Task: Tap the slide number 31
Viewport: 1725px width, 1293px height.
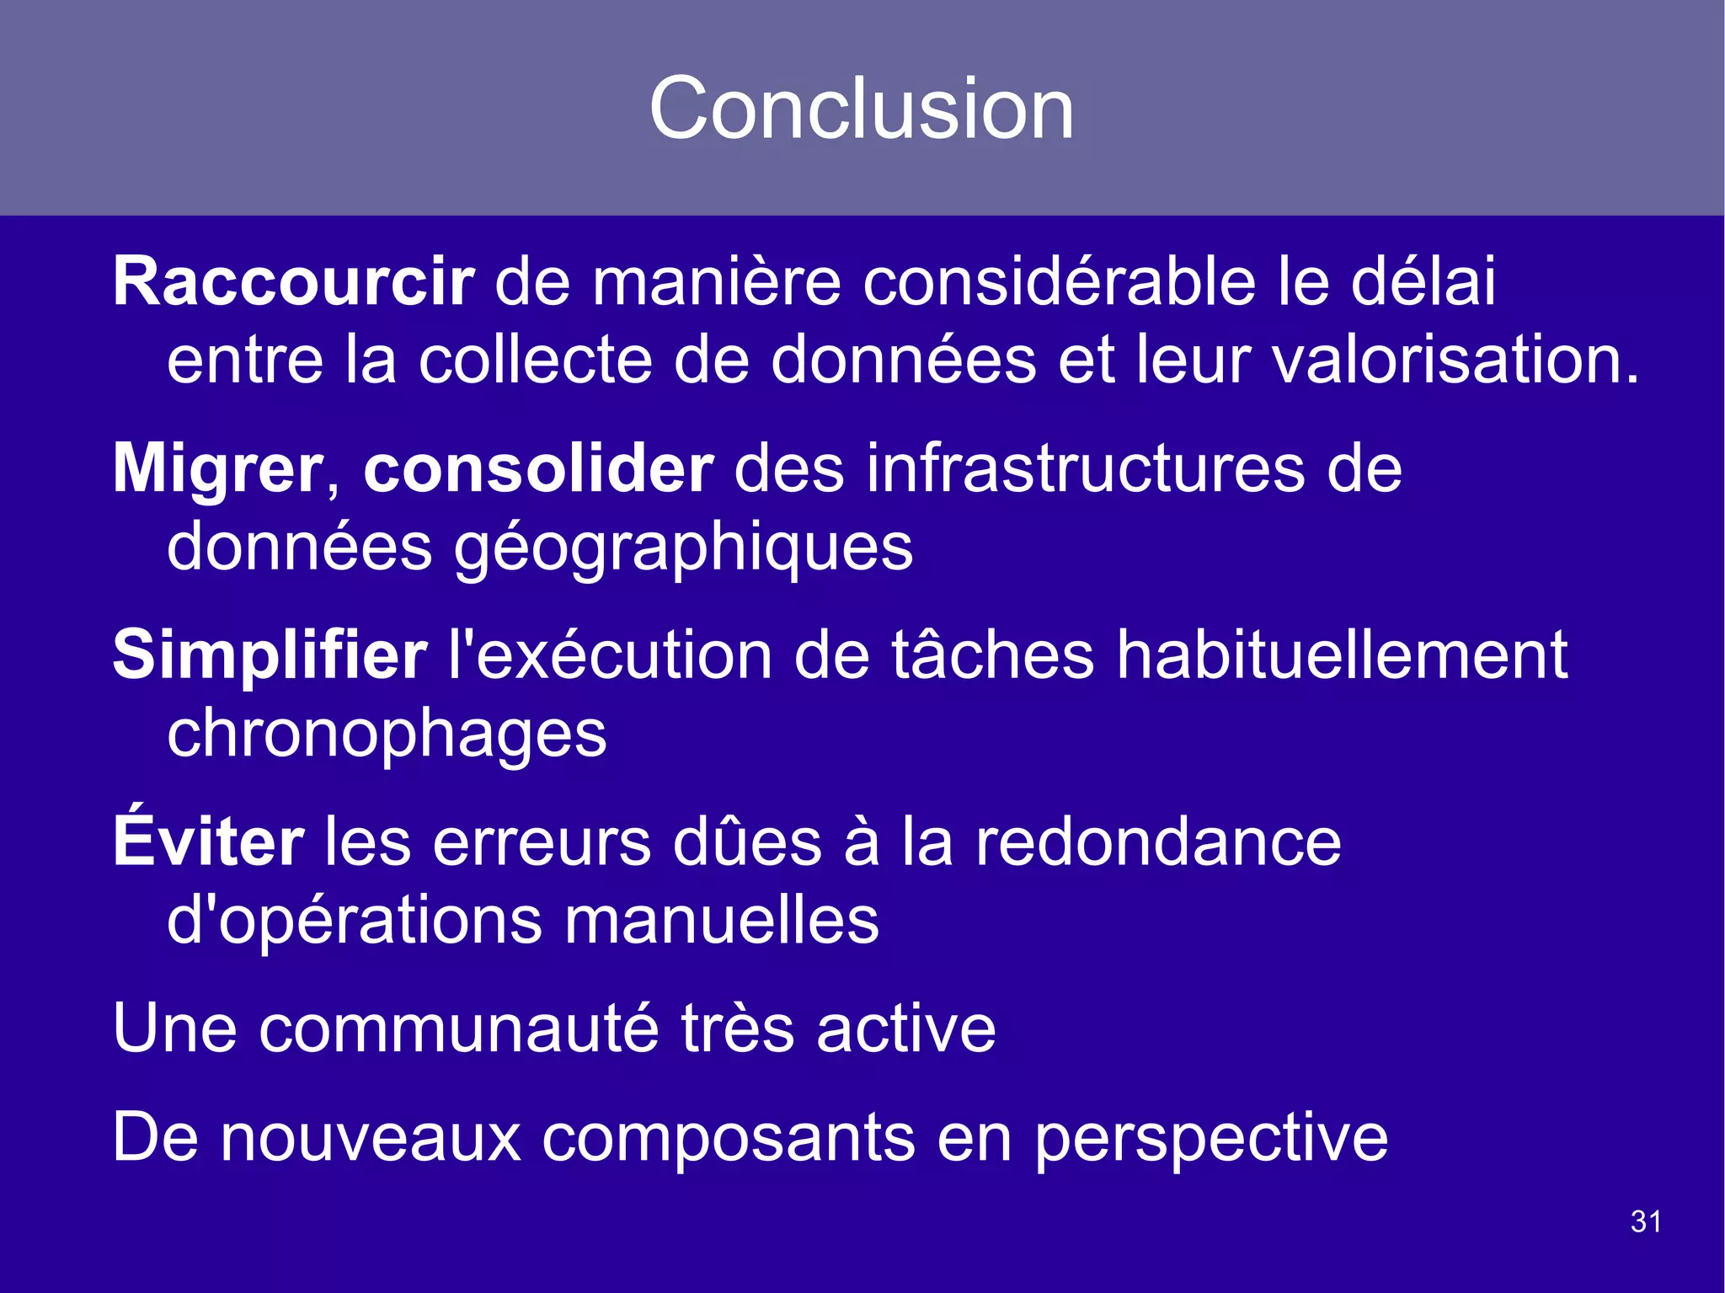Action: pyautogui.click(x=1646, y=1221)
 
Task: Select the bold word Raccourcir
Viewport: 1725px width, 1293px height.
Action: pyautogui.click(x=294, y=281)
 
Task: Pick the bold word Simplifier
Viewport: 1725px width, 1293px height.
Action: pyautogui.click(x=270, y=655)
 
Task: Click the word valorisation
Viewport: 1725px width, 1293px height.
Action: pyautogui.click(x=1455, y=360)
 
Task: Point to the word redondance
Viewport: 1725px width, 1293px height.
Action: pyautogui.click(x=1158, y=842)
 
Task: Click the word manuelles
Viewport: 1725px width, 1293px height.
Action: pyautogui.click(x=722, y=920)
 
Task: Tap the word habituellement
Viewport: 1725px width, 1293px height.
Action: pyautogui.click(x=1341, y=655)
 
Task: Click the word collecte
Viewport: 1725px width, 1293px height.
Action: pyautogui.click(x=536, y=360)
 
